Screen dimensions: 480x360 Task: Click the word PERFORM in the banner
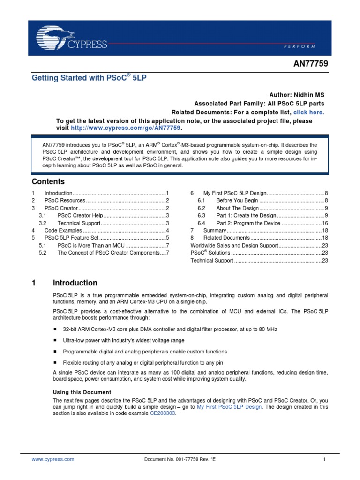[x=299, y=46]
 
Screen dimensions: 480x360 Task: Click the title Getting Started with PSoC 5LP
[x=89, y=77]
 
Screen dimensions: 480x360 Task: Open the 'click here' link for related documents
[x=308, y=112]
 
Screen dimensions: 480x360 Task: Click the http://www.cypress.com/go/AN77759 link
[x=125, y=128]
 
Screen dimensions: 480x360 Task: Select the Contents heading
[x=48, y=182]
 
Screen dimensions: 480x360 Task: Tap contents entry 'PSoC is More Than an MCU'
[x=91, y=246]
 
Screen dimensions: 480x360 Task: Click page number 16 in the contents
[x=324, y=223]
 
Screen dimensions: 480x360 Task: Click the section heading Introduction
[x=75, y=283]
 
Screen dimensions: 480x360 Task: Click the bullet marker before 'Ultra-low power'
[x=55, y=341]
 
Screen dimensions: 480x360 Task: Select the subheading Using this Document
[x=82, y=392]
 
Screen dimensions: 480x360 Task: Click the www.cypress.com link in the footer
[x=52, y=459]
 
